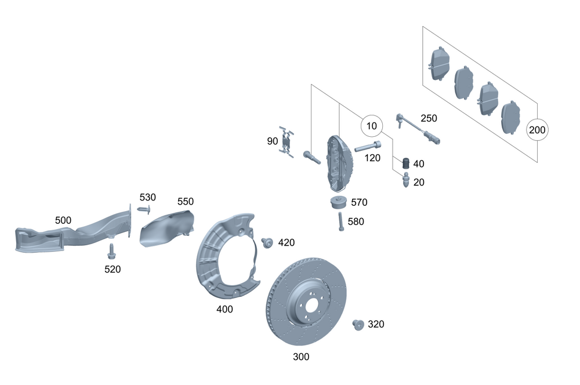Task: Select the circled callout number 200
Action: pos(537,130)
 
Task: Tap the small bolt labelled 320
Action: pos(358,325)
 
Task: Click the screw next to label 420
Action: pos(267,242)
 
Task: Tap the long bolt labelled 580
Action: pos(339,221)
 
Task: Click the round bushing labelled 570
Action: pos(338,204)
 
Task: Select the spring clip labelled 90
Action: pos(286,141)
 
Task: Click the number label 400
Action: pos(224,309)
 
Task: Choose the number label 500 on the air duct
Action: pos(63,220)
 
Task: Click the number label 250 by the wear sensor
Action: pos(429,118)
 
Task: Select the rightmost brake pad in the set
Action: pos(510,117)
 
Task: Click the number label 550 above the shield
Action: pos(186,201)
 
